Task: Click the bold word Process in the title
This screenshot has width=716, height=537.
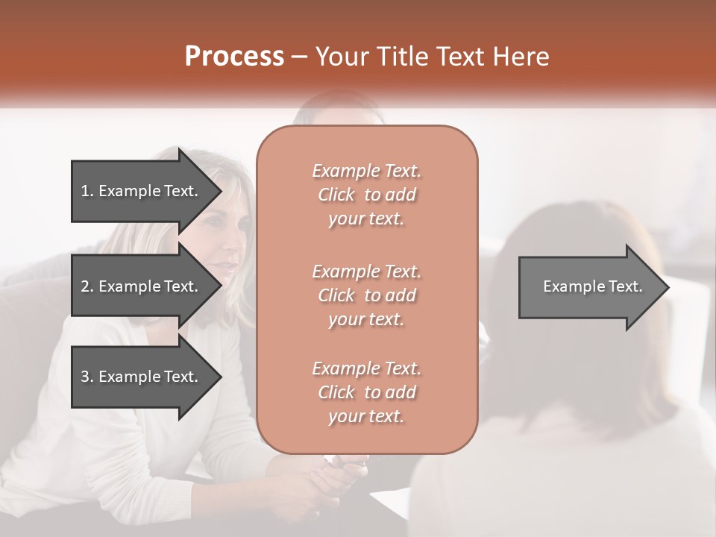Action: click(x=234, y=57)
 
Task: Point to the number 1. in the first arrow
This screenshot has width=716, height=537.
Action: click(x=87, y=191)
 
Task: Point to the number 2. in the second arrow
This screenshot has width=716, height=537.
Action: click(x=87, y=286)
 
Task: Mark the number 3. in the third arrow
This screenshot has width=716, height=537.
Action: click(x=87, y=377)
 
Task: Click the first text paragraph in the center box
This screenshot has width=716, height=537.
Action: click(x=366, y=195)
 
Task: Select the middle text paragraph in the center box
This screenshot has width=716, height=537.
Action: click(x=366, y=295)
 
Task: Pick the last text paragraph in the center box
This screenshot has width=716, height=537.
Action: click(x=366, y=392)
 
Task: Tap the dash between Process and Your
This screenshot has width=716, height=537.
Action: click(x=300, y=57)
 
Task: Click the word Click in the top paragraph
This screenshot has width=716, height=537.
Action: click(x=336, y=195)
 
